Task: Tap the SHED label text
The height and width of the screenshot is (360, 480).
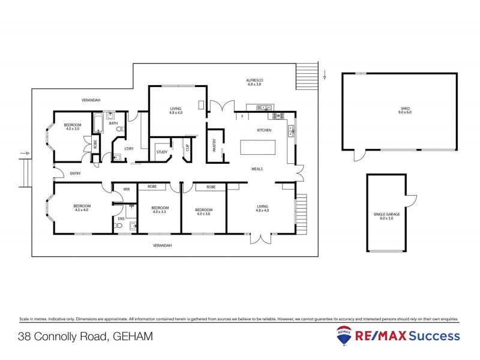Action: tap(406, 110)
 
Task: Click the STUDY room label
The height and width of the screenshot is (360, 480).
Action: tap(162, 152)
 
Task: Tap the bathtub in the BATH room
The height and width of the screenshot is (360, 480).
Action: tap(98, 124)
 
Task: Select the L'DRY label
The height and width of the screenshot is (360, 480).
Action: tap(128, 148)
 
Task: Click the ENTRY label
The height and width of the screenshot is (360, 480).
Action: tap(75, 173)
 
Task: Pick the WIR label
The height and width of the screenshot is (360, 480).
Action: tap(127, 189)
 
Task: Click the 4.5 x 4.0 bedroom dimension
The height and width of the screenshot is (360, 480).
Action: tap(81, 210)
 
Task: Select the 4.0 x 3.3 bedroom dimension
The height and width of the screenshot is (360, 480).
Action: tap(159, 212)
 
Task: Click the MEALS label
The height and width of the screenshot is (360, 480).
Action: tap(257, 169)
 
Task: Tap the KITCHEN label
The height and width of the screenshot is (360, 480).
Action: tap(264, 130)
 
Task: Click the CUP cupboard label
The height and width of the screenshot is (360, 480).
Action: tap(187, 146)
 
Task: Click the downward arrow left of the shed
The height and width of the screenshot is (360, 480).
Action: tap(324, 76)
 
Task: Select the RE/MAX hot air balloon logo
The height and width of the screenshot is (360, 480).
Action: tap(344, 335)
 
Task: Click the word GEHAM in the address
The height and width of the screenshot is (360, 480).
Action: tap(133, 337)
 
